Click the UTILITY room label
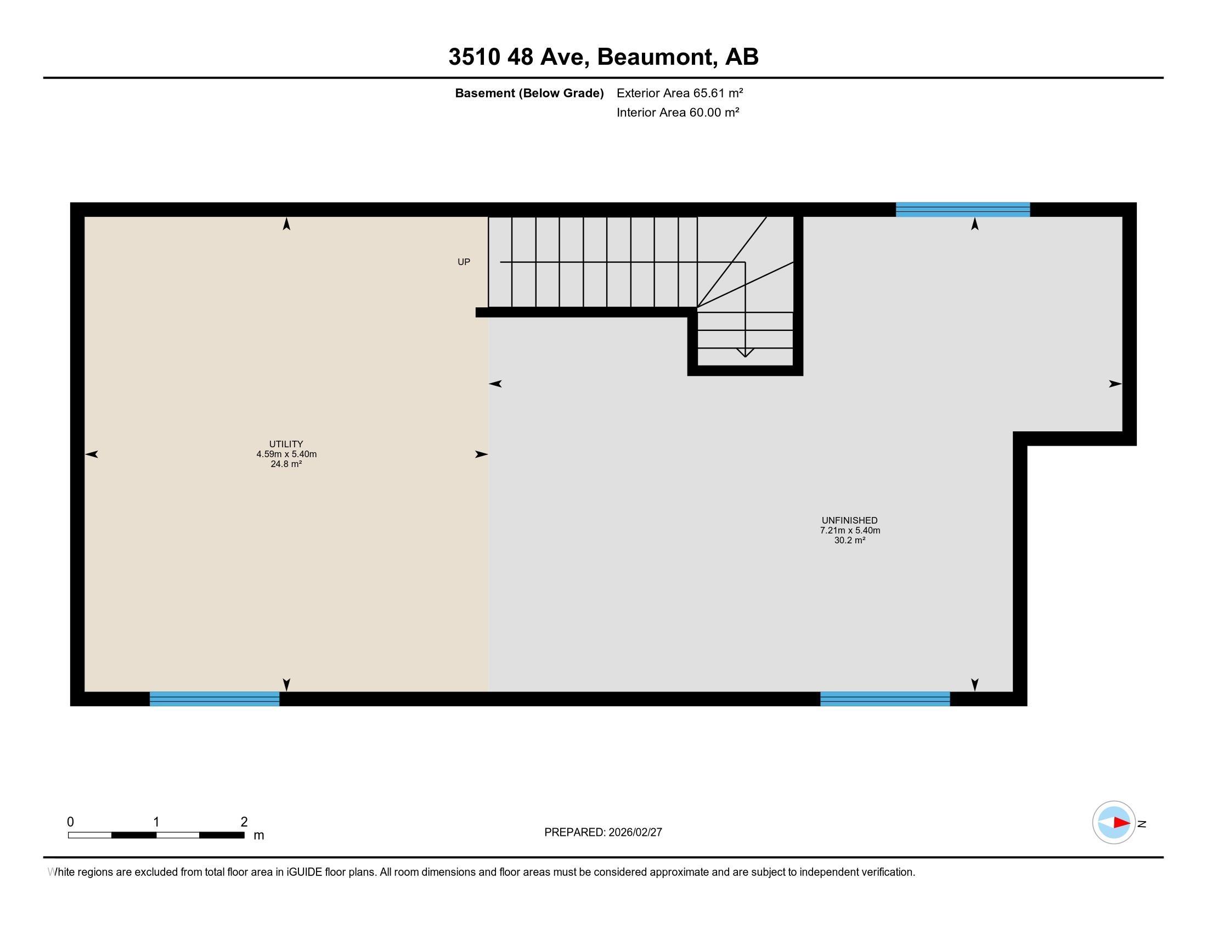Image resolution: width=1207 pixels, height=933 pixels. [x=286, y=444]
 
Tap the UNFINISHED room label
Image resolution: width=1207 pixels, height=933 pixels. [x=849, y=520]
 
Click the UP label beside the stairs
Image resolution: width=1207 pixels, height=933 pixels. [x=464, y=262]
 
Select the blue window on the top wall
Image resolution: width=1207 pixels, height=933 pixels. [x=962, y=210]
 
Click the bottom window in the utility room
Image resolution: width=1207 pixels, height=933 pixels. [x=215, y=699]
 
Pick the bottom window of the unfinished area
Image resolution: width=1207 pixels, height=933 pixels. [x=885, y=699]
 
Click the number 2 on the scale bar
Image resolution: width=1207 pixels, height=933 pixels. [x=244, y=822]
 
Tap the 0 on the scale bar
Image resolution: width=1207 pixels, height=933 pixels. [x=71, y=822]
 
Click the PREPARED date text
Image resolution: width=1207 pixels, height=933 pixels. [x=603, y=833]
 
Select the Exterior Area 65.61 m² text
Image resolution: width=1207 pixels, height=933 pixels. [x=679, y=93]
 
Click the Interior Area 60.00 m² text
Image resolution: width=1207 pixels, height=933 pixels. [x=678, y=112]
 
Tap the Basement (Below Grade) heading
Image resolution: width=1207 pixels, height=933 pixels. [x=529, y=93]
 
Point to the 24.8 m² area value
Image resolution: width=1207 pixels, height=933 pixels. [x=286, y=464]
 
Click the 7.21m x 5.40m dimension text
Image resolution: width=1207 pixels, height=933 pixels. [x=849, y=530]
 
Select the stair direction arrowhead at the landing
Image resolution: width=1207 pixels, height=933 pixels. [x=745, y=353]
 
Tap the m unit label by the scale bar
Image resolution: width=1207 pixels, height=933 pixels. [x=258, y=835]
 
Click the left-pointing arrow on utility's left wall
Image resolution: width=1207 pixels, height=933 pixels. [x=91, y=454]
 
